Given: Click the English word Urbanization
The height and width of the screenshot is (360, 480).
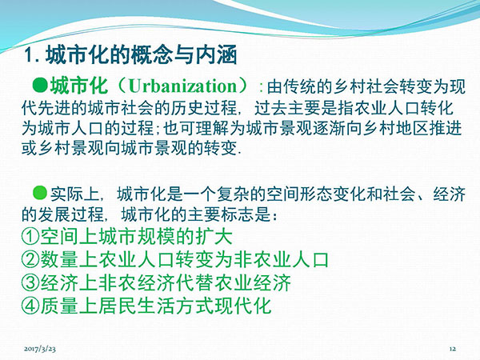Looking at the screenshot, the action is [182, 86].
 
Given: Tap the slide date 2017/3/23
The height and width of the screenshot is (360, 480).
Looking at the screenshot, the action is [40, 348].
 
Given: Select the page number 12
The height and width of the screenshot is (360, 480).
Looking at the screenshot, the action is [453, 349].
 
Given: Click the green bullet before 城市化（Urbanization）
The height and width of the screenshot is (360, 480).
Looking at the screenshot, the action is [40, 86].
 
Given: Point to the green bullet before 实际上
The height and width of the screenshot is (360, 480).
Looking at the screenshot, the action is [40, 193].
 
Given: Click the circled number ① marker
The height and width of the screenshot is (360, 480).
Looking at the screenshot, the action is [30, 237].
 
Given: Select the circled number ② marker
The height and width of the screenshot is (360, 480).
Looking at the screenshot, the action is [30, 259].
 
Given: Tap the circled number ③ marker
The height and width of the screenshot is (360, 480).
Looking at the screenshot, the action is [30, 282].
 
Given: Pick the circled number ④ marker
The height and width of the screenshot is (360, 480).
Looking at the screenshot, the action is [30, 306].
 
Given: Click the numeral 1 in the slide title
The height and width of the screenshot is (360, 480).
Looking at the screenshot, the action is [29, 54].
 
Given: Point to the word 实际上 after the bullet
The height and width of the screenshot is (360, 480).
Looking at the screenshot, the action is [75, 194].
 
